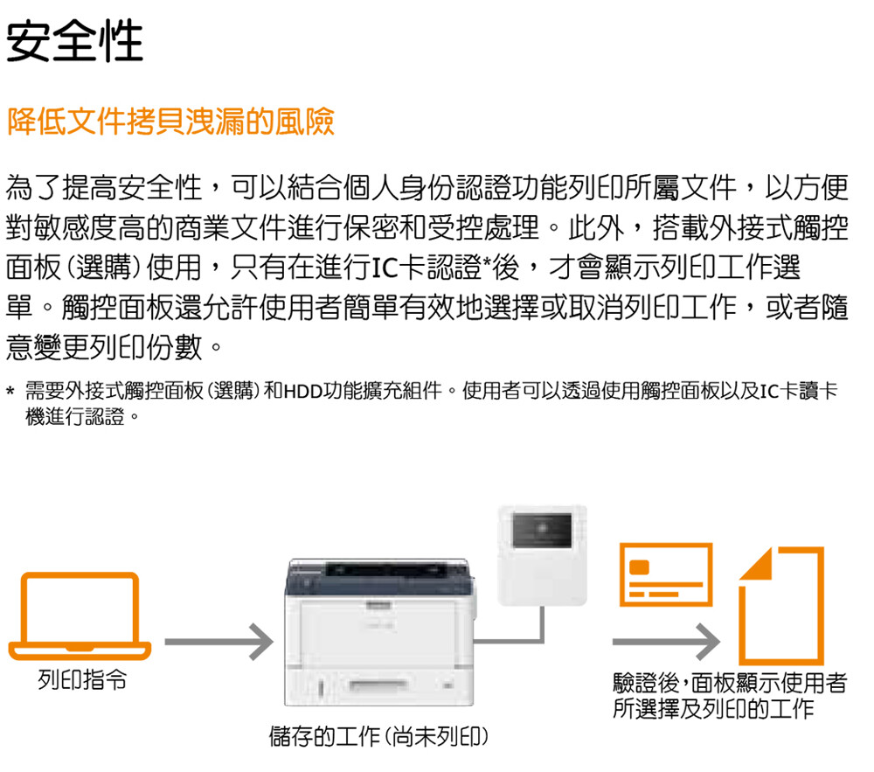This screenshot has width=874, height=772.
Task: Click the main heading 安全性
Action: point(74,41)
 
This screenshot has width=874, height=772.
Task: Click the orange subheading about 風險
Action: point(170,122)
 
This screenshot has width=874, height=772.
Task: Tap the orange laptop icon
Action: point(80,616)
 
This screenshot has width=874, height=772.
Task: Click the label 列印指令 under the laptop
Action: point(82,680)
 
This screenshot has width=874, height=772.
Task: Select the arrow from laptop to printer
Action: point(218,642)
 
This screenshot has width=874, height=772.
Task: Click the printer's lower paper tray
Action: point(379,685)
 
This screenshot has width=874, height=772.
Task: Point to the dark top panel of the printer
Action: point(379,577)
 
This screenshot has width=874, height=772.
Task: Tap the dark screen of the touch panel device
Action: point(542,530)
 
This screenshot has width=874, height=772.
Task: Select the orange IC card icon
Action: point(666,574)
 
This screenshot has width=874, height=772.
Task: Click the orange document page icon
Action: point(780,606)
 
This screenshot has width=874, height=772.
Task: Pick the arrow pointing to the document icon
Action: point(666,642)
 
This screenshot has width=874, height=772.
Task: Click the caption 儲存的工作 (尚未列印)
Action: point(379,737)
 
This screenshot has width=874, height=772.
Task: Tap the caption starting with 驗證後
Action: point(729,696)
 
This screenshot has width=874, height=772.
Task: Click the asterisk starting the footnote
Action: point(10,390)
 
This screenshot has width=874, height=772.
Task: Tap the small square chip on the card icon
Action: point(640,567)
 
